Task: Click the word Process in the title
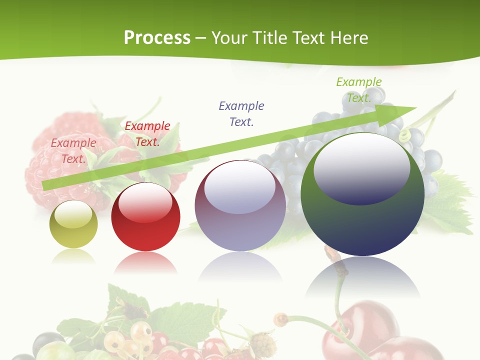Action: click(157, 37)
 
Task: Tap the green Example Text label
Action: click(358, 89)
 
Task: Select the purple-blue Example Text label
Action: click(241, 113)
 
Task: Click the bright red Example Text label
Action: click(147, 134)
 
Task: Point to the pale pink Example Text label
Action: click(73, 150)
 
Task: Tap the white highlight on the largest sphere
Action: click(361, 167)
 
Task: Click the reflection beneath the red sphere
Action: click(145, 262)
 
